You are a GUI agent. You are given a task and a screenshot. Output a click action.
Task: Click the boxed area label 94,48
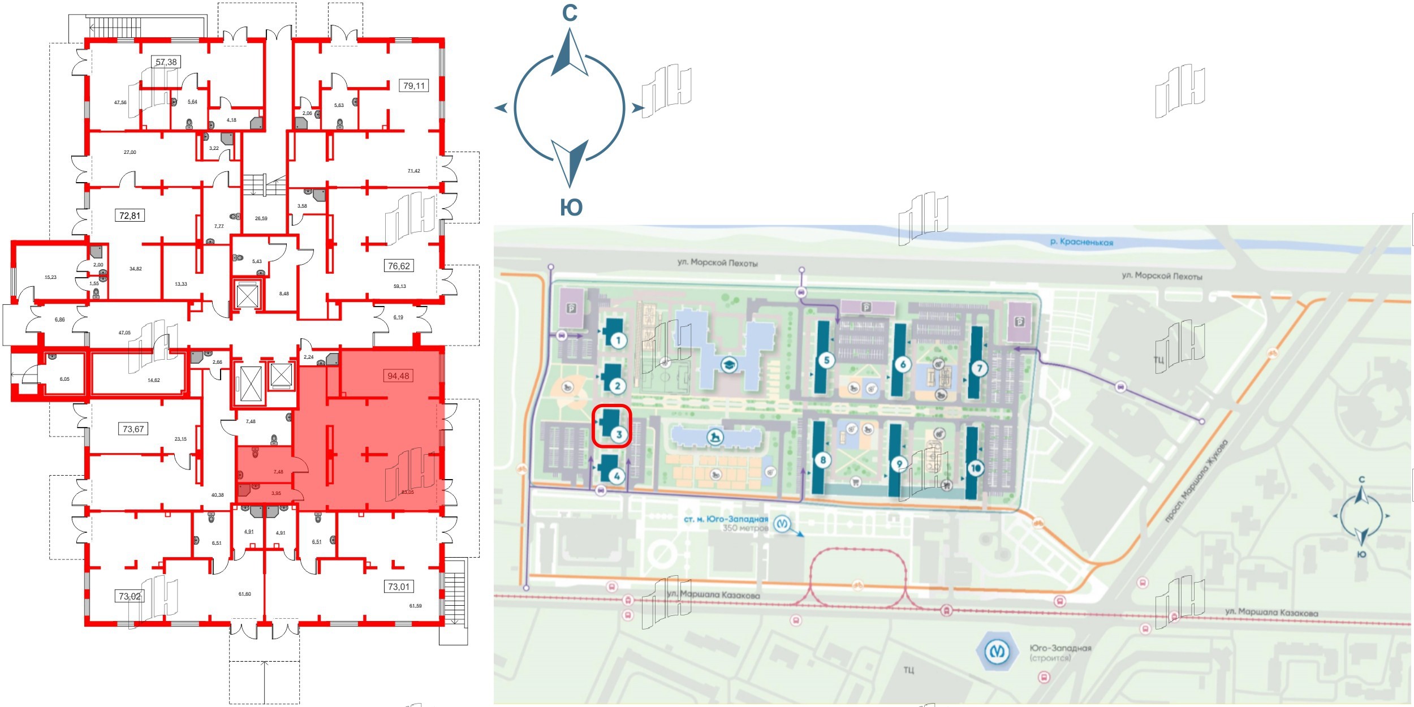tap(398, 376)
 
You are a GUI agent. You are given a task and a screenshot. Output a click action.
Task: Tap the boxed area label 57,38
tap(166, 62)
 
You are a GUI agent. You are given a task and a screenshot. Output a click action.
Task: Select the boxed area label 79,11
tap(414, 86)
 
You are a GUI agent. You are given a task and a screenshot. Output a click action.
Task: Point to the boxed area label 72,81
tap(130, 215)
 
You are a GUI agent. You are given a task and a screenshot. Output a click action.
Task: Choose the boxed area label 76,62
tap(399, 266)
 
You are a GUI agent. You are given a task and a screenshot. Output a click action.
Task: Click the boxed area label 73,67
tap(133, 429)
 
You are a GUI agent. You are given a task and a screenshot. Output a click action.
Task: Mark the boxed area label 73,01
tap(398, 587)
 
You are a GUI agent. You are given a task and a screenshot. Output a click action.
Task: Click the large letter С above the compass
tap(570, 13)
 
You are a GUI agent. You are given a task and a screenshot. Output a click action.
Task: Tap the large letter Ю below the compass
tap(571, 208)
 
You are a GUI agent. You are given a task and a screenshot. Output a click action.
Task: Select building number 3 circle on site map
tap(619, 434)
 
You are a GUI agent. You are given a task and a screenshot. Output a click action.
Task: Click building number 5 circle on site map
tap(826, 360)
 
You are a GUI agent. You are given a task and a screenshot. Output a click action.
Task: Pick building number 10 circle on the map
tap(976, 468)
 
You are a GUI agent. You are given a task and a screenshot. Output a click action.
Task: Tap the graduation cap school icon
tap(730, 365)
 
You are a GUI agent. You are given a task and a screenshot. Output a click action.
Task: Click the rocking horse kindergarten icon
tap(715, 437)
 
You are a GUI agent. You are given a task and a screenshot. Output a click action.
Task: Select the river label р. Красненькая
tap(1081, 242)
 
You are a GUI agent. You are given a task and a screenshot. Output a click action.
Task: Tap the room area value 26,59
tap(261, 218)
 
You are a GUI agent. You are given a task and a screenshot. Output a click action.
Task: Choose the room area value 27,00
tap(130, 152)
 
